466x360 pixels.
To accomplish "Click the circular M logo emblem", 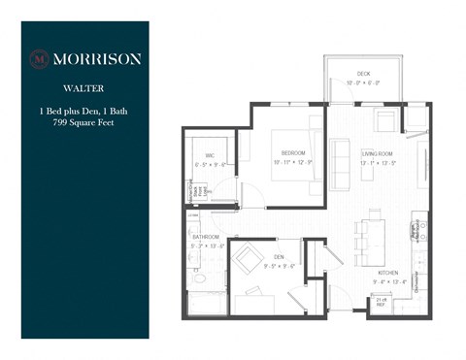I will pyautogui.click(x=40, y=58).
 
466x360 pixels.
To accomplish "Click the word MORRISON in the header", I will pyautogui.click(x=96, y=58).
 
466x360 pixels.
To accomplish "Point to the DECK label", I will pyautogui.click(x=363, y=74).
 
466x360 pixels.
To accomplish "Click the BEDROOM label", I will pyautogui.click(x=294, y=153).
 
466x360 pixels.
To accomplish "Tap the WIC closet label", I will pyautogui.click(x=209, y=155).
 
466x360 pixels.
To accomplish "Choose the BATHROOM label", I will pyautogui.click(x=205, y=237).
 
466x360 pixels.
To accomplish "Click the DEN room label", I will pyautogui.click(x=278, y=257).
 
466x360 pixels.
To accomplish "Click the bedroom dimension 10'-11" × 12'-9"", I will pyautogui.click(x=294, y=163).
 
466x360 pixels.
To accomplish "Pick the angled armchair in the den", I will pyautogui.click(x=250, y=258).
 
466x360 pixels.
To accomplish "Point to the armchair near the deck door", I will pyautogui.click(x=384, y=121).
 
